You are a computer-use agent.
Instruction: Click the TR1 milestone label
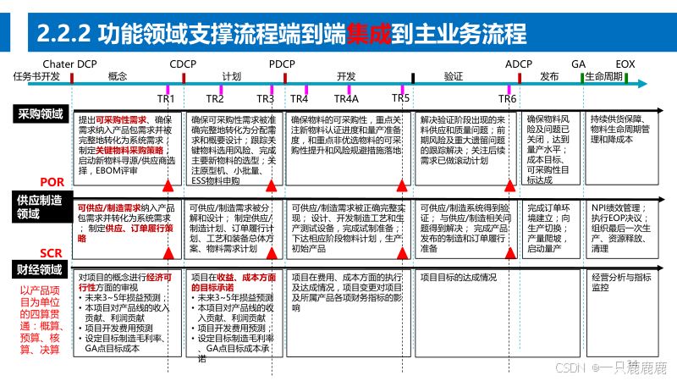pos(166,99)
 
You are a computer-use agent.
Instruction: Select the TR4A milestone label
pos(348,99)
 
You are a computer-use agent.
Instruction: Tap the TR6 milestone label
pos(507,99)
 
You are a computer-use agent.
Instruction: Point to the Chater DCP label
pos(69,64)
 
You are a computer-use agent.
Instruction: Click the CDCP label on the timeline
pos(183,64)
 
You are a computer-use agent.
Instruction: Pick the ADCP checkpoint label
pos(518,64)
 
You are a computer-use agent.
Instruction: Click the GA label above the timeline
pos(579,64)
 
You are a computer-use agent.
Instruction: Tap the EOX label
pos(625,64)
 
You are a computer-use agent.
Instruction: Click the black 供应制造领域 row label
pos(40,207)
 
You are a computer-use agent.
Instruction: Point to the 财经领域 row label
pos(40,270)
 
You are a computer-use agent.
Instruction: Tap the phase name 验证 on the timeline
pos(454,76)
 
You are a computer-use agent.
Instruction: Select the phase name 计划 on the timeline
pos(231,76)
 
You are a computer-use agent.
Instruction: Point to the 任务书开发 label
pos(36,76)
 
